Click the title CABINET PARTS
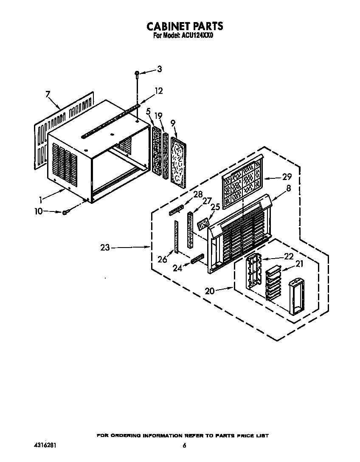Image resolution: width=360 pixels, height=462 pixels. click(x=185, y=26)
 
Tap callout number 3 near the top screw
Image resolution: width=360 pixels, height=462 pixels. click(x=159, y=69)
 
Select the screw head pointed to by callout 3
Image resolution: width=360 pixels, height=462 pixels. click(x=137, y=73)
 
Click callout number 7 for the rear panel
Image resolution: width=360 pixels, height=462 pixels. click(x=48, y=94)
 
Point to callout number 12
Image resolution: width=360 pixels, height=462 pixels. click(x=158, y=91)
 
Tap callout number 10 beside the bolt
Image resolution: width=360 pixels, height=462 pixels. click(x=39, y=211)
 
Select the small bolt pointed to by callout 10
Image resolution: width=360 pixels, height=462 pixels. click(x=65, y=212)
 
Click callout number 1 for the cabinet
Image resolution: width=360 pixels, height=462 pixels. click(x=41, y=200)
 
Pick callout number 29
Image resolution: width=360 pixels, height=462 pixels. click(x=287, y=177)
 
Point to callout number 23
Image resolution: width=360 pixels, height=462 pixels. click(x=105, y=248)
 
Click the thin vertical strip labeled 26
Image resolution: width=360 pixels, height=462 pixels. click(x=176, y=237)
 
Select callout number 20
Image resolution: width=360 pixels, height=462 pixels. click(x=210, y=291)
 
